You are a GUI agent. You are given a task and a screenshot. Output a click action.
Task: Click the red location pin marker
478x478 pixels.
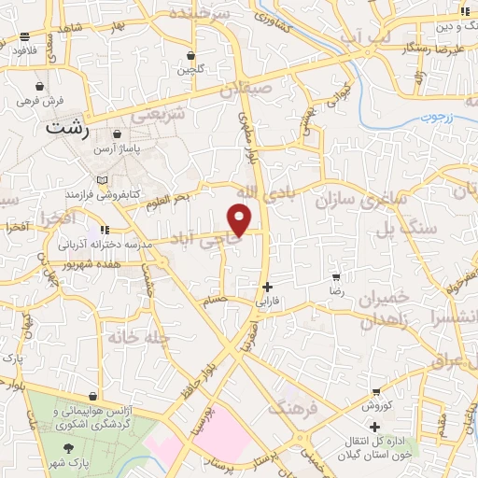[241, 219]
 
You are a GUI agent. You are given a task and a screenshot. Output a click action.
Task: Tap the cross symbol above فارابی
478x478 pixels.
[268, 288]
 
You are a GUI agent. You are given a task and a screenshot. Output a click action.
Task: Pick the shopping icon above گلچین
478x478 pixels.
[190, 55]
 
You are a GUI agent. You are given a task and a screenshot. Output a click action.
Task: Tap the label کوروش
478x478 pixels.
[375, 406]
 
